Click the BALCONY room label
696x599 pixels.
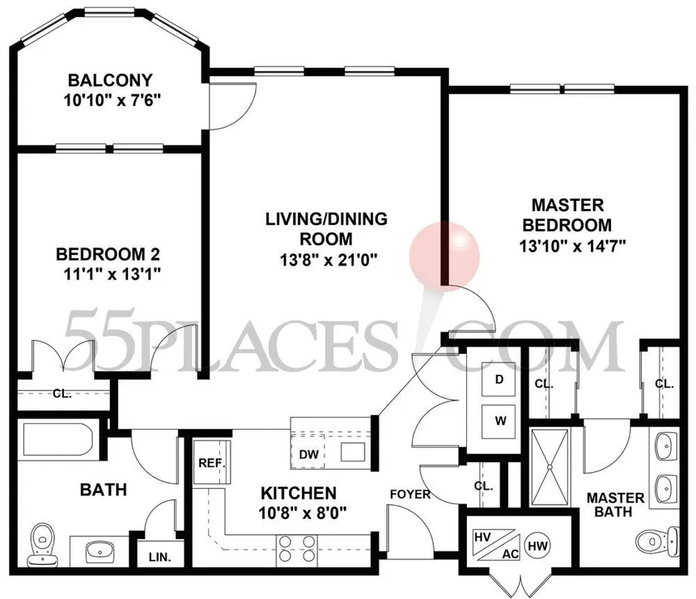[x=110, y=80]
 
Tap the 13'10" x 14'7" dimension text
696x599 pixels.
[x=573, y=245]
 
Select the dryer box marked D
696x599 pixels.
[x=499, y=379]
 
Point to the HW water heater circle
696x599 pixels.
[x=537, y=546]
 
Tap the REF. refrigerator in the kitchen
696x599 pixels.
[x=212, y=463]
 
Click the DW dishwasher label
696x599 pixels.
[x=308, y=454]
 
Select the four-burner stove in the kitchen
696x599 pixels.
[x=297, y=550]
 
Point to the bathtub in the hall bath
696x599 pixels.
[x=57, y=440]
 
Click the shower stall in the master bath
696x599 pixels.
[x=550, y=467]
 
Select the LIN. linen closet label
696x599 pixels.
[x=159, y=557]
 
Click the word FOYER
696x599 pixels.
[x=410, y=495]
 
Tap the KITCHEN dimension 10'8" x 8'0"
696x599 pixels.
[x=303, y=514]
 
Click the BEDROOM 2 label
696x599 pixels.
[x=108, y=254]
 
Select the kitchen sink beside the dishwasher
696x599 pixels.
[x=353, y=452]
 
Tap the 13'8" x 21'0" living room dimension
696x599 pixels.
[x=329, y=260]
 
